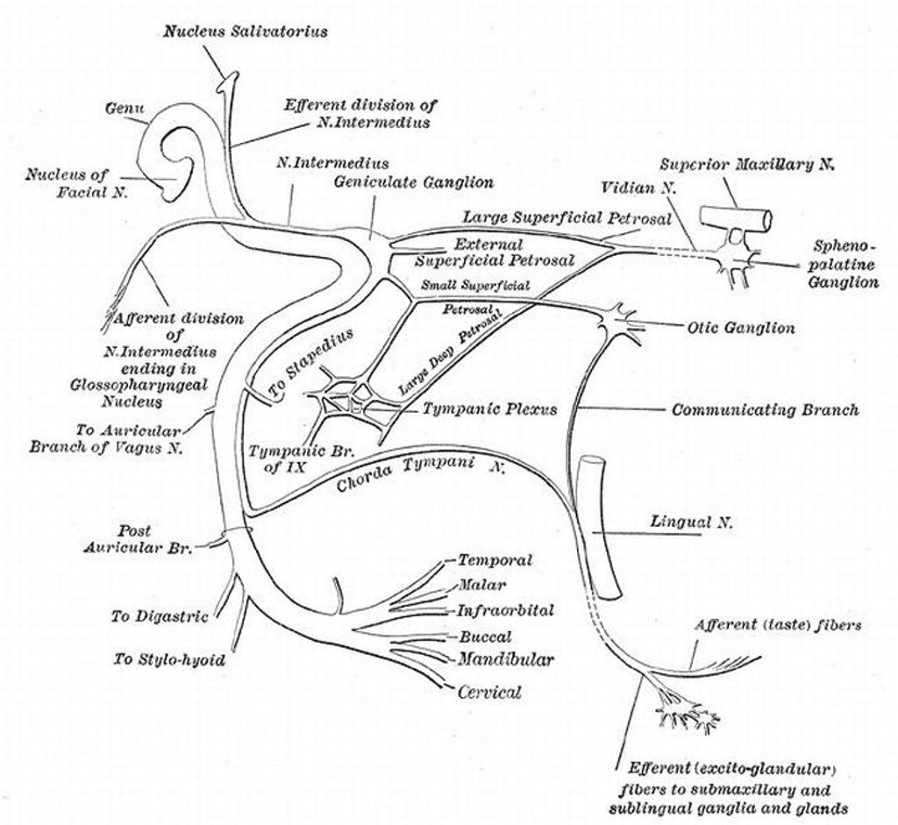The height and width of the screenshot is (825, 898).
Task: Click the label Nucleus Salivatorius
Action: pos(246,32)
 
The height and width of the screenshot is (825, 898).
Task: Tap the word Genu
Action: pos(125,109)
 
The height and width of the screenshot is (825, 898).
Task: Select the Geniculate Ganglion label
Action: pos(413,182)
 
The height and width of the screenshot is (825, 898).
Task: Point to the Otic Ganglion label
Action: pos(741,328)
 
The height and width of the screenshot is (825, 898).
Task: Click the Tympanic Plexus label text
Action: pos(489,409)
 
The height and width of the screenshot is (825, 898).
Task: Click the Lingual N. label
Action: pos(691,523)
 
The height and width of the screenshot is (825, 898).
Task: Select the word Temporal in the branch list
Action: pos(495,560)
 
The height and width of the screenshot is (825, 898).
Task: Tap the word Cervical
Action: pos(488,692)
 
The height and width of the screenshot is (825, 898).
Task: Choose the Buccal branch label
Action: pos(485,637)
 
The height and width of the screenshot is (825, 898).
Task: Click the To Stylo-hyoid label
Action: pos(169,659)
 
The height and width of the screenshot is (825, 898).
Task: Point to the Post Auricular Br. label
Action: pos(139,539)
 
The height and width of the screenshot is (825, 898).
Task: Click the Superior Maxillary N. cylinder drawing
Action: pos(736,220)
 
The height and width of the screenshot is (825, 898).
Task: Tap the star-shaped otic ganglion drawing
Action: pos(621,323)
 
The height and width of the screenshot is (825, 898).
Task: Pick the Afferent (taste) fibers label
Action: pos(777,625)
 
